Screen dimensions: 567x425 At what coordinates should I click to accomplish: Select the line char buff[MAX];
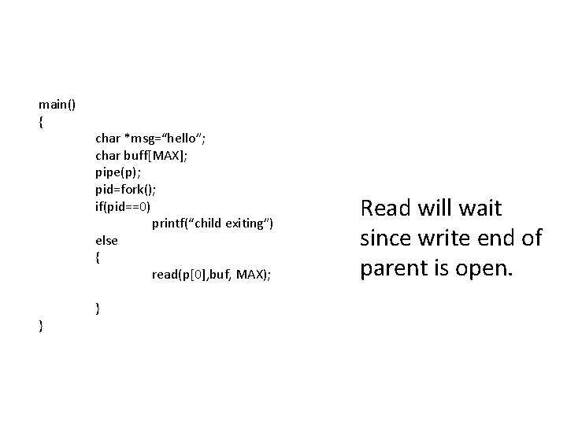141,155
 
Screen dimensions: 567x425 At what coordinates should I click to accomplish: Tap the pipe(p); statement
118,172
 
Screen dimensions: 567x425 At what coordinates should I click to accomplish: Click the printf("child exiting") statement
213,224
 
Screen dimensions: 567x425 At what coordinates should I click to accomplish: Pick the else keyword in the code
106,240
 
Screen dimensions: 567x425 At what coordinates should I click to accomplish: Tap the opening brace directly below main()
41,121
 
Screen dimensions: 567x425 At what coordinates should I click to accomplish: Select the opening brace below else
98,257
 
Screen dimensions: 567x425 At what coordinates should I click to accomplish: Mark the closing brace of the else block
98,308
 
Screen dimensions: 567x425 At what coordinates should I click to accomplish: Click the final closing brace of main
41,325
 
